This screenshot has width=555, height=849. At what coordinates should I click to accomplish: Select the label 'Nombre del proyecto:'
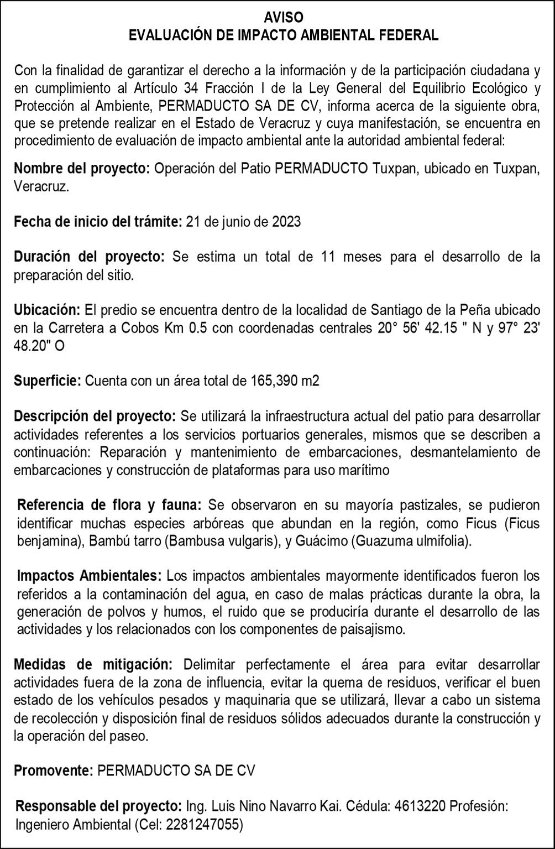pos(82,169)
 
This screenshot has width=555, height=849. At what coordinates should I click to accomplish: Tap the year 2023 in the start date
pos(286,222)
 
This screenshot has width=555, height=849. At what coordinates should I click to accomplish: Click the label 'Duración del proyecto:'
pos(89,257)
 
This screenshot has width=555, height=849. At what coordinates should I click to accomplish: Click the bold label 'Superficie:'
pos(48,381)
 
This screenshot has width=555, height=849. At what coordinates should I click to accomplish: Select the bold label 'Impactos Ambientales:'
pos(90,576)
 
